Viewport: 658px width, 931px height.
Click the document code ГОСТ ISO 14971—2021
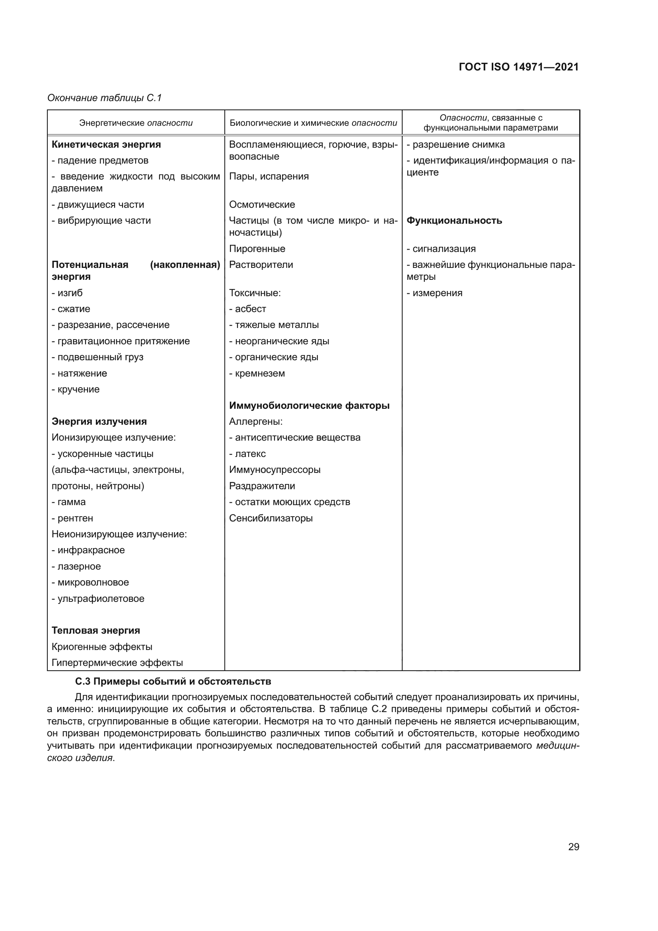click(x=519, y=67)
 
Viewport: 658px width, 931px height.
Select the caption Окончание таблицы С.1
click(x=105, y=98)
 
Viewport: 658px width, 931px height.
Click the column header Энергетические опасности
click(x=136, y=123)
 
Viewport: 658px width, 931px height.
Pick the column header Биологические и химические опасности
click(x=313, y=123)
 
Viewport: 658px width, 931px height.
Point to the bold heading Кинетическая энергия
click(x=106, y=144)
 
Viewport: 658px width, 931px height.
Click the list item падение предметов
click(x=100, y=160)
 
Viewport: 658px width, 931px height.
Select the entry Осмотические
click(x=262, y=204)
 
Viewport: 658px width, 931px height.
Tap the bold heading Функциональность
click(x=454, y=221)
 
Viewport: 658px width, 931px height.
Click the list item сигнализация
click(x=441, y=248)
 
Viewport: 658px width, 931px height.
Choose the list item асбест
click(x=248, y=308)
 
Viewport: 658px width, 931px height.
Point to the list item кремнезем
click(x=257, y=373)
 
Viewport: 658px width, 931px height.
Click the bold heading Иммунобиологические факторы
click(x=309, y=406)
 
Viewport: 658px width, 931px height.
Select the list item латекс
click(x=248, y=454)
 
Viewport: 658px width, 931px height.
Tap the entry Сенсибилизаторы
click(x=271, y=518)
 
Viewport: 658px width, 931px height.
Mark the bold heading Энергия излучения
click(x=99, y=421)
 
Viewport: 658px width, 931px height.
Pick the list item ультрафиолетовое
click(x=98, y=599)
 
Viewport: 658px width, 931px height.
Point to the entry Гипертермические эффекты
click(x=117, y=663)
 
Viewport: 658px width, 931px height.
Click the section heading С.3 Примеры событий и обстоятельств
click(x=173, y=681)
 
